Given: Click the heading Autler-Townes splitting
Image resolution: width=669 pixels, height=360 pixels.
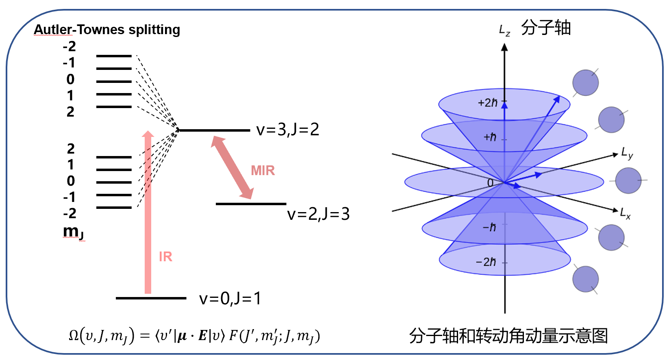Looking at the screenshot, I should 107,30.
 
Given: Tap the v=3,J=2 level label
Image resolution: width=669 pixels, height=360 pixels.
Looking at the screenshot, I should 288,130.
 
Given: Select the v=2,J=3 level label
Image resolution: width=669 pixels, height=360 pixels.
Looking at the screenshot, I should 318,214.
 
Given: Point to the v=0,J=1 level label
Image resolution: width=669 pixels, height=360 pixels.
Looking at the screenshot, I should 230,299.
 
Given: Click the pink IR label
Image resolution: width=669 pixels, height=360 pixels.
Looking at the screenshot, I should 165,257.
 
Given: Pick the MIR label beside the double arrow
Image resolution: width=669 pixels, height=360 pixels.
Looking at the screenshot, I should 263,171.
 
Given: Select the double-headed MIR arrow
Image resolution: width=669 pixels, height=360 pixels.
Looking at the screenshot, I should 232,167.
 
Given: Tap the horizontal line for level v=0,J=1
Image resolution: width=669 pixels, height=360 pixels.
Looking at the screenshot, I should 151,298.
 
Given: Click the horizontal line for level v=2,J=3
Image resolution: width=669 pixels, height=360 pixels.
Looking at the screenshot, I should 251,204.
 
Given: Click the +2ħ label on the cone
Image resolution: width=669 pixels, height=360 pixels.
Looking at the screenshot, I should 488,103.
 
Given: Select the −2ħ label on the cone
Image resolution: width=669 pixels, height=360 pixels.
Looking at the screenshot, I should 486,262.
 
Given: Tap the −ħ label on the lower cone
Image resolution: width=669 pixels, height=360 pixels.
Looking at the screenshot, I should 489,227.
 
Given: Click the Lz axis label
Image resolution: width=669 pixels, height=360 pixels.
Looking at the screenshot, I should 504,30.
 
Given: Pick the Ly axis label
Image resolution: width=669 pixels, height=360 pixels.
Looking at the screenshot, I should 627,154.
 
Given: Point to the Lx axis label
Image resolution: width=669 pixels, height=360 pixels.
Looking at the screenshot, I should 625,213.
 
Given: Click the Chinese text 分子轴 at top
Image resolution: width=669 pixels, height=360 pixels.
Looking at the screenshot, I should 546,28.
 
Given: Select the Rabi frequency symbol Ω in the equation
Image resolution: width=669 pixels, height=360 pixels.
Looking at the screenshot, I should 74,336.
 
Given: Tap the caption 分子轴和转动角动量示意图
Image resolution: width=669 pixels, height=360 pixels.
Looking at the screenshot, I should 508,336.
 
